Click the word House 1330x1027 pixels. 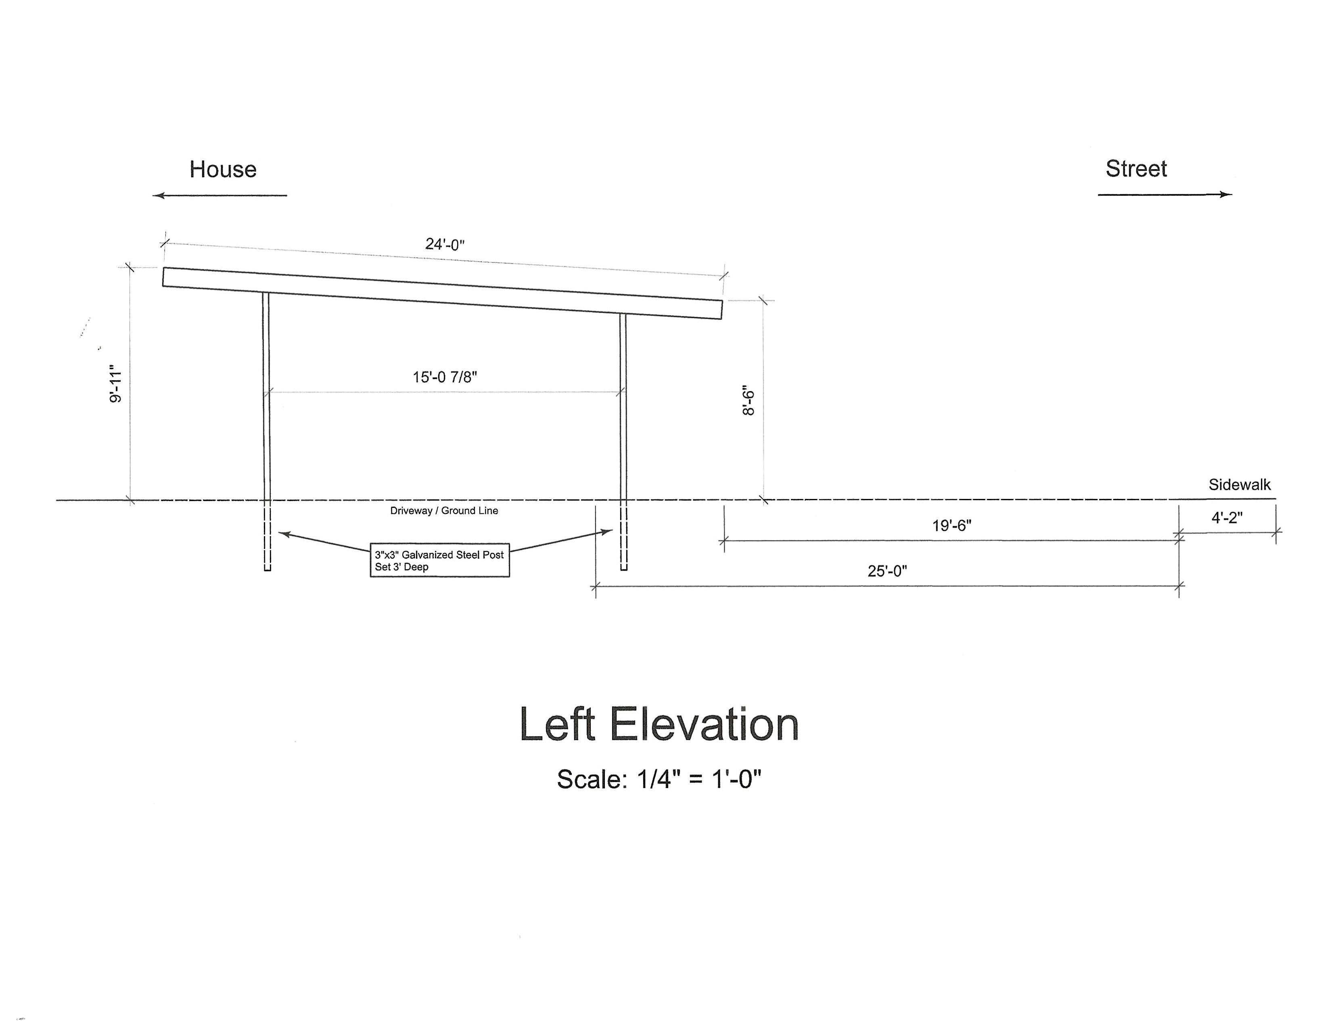pos(223,169)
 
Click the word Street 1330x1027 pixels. pos(1136,169)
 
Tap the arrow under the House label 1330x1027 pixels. pos(219,195)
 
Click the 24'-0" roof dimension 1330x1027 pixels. pos(445,244)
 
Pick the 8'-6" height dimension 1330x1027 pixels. pos(749,400)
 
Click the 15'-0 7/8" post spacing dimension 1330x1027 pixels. pos(445,377)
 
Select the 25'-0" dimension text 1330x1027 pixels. pos(887,571)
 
